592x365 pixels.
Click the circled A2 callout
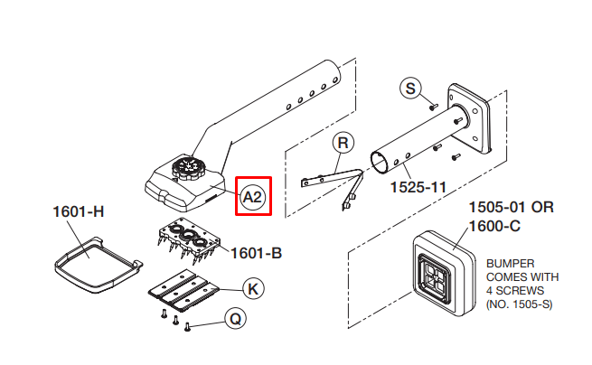pyautogui.click(x=252, y=197)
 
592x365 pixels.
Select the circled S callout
pyautogui.click(x=410, y=89)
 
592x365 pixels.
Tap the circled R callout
pyautogui.click(x=343, y=143)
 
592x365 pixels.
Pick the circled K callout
pyautogui.click(x=253, y=289)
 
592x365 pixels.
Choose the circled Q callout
pyautogui.click(x=235, y=319)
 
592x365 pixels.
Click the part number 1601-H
pyautogui.click(x=79, y=211)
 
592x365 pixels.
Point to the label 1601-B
pyautogui.click(x=256, y=253)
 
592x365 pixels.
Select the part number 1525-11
pyautogui.click(x=418, y=187)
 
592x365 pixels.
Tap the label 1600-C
pyautogui.click(x=494, y=226)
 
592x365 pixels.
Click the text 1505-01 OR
pyautogui.click(x=512, y=207)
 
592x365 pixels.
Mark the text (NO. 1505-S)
pyautogui.click(x=519, y=304)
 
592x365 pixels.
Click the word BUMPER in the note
pyautogui.click(x=510, y=264)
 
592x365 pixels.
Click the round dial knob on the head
pyautogui.click(x=188, y=167)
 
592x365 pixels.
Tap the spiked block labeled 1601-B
pyautogui.click(x=189, y=240)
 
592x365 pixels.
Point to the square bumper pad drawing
pyautogui.click(x=443, y=274)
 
